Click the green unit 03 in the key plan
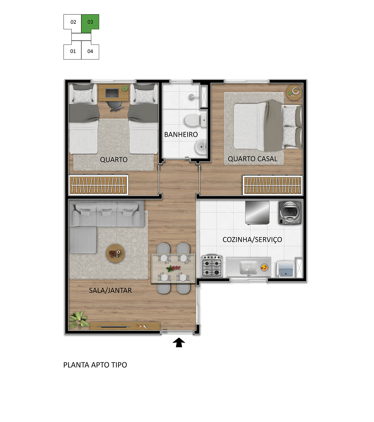(90, 23)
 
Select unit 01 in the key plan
(73, 51)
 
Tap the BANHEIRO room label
(181, 135)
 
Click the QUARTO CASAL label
(252, 159)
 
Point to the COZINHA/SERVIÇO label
(252, 239)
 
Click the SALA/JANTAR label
(110, 290)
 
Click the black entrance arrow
(179, 342)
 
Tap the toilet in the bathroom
(195, 120)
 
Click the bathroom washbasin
(201, 147)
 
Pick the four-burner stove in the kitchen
(211, 266)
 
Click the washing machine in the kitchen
(290, 213)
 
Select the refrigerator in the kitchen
(257, 213)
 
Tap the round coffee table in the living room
(115, 253)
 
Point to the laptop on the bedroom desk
(112, 93)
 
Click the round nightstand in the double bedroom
(294, 93)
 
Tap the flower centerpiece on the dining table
(173, 268)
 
